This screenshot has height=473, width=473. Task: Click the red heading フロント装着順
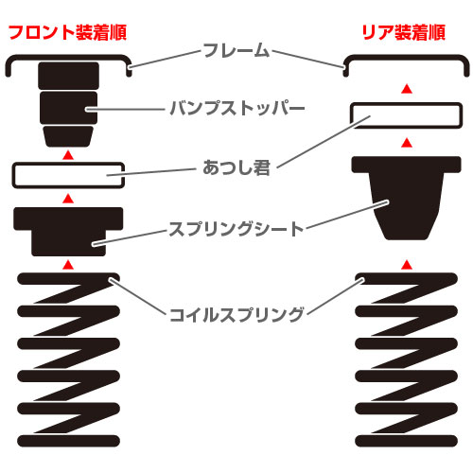pyautogui.click(x=67, y=32)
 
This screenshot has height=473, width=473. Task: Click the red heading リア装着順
pyautogui.click(x=404, y=32)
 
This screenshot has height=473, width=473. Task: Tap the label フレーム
pyautogui.click(x=236, y=50)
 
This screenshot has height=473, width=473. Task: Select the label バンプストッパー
pyautogui.click(x=237, y=108)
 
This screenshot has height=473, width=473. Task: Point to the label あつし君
pyautogui.click(x=236, y=167)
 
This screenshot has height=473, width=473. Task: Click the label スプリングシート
pyautogui.click(x=236, y=229)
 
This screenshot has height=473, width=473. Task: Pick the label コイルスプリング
pyautogui.click(x=236, y=314)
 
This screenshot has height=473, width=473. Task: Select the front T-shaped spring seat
pyautogui.click(x=68, y=231)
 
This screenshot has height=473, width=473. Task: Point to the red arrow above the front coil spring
pyautogui.click(x=68, y=265)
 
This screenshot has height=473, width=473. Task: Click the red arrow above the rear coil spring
pyautogui.click(x=407, y=265)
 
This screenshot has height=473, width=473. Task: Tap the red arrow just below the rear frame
pyautogui.click(x=407, y=89)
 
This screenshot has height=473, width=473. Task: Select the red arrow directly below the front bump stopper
pyautogui.click(x=68, y=154)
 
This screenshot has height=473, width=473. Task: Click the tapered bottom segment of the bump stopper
pyautogui.click(x=68, y=136)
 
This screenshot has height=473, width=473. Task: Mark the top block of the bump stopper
pyautogui.click(x=68, y=76)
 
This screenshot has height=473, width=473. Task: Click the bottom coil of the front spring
pyautogui.click(x=68, y=441)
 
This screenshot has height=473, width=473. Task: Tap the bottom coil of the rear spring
pyautogui.click(x=406, y=441)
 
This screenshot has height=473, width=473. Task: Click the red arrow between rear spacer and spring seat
pyautogui.click(x=407, y=143)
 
